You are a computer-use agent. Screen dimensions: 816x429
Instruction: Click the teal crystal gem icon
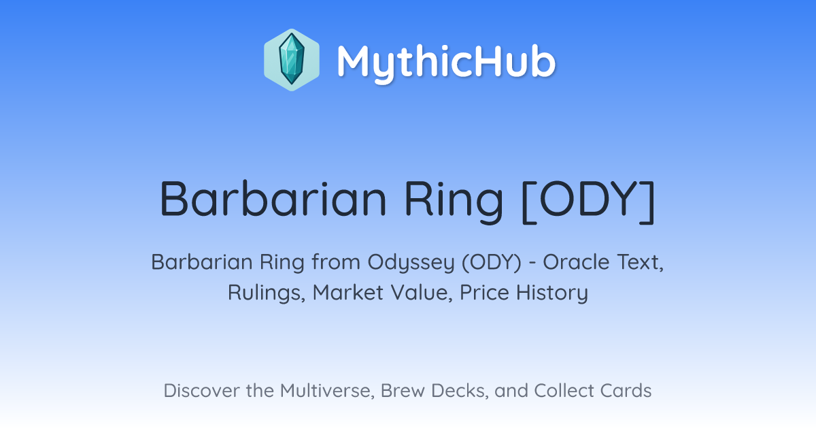pyautogui.click(x=292, y=59)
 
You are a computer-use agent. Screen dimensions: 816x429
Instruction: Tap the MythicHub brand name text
pyautogui.click(x=446, y=63)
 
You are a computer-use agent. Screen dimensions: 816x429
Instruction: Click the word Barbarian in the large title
pyautogui.click(x=273, y=199)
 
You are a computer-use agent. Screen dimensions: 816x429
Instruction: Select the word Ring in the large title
pyautogui.click(x=454, y=202)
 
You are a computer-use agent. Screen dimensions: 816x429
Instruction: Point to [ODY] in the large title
pyautogui.click(x=588, y=202)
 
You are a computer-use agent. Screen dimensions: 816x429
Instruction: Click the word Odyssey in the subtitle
pyautogui.click(x=411, y=263)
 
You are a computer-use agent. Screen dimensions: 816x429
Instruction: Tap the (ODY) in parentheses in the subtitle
pyautogui.click(x=492, y=262)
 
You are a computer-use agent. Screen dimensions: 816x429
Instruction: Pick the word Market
pyautogui.click(x=348, y=292)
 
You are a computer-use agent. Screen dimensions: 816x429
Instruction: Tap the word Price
pyautogui.click(x=484, y=292)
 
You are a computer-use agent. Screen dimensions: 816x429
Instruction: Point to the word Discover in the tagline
pyautogui.click(x=201, y=391)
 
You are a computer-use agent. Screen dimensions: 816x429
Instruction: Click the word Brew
pyautogui.click(x=403, y=391)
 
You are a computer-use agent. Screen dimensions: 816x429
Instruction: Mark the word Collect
pyautogui.click(x=563, y=391)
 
